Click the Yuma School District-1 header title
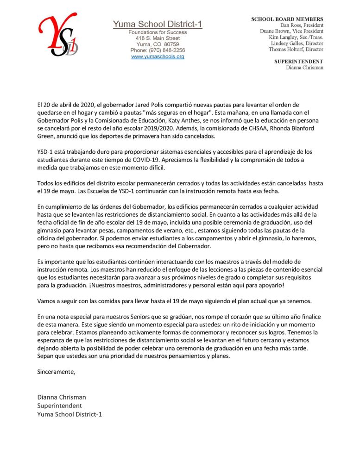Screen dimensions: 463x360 158,24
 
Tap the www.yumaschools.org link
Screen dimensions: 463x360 158,56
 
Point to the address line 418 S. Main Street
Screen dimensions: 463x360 158,38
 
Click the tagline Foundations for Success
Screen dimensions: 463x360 158,32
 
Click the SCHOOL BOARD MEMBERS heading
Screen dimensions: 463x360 287,19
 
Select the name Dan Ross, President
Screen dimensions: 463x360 302,25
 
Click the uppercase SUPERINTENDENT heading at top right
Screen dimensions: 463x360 299,61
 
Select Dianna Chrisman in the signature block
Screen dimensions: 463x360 62,397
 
